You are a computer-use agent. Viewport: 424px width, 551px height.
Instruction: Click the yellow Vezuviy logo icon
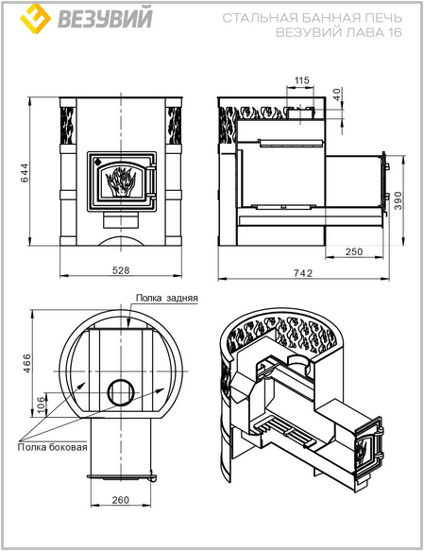click(x=36, y=19)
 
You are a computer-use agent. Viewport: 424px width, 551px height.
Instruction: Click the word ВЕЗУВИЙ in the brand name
click(x=105, y=18)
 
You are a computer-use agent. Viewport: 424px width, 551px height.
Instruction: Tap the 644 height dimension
click(x=25, y=173)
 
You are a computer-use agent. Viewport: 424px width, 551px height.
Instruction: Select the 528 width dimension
click(x=121, y=270)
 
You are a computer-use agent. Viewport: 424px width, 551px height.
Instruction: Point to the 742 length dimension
click(x=303, y=273)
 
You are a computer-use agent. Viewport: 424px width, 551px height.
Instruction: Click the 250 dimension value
click(x=354, y=251)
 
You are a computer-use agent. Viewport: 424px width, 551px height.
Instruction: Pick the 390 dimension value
click(x=398, y=200)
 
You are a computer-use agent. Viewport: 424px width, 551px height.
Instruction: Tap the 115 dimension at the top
click(x=301, y=80)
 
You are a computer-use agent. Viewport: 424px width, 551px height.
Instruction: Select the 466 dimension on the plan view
click(x=26, y=363)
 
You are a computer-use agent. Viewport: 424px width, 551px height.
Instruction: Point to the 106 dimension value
click(x=41, y=405)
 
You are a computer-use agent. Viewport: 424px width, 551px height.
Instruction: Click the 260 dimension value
click(x=120, y=500)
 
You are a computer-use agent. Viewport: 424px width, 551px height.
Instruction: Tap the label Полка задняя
click(x=167, y=298)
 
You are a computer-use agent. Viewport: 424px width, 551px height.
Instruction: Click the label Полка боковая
click(x=52, y=447)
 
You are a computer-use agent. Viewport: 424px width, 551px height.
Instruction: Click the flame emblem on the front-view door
click(x=121, y=181)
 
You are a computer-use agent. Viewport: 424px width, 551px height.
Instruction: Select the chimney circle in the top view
click(x=121, y=392)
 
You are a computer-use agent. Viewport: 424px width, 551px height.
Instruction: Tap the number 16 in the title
click(x=395, y=32)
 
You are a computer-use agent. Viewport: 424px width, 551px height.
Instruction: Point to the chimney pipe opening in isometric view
click(x=298, y=362)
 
